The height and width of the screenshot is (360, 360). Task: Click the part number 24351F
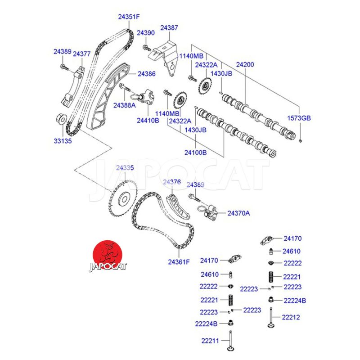point(129,17)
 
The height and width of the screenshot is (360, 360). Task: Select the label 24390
point(145,33)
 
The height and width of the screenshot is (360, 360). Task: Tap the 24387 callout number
point(169,27)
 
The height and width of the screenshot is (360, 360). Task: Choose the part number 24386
point(147,73)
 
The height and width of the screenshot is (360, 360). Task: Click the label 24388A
point(124,105)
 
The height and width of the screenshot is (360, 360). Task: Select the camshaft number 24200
point(245,65)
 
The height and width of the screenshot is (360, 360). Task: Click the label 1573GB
point(299,118)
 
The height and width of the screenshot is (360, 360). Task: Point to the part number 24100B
point(195,153)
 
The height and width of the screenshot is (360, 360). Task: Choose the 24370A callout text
point(238,213)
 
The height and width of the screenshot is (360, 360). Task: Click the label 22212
point(291,317)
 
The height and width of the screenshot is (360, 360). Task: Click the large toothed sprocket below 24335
point(123,199)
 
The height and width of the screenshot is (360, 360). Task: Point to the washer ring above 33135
point(60,119)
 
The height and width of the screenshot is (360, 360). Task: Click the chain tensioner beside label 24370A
point(208,210)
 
